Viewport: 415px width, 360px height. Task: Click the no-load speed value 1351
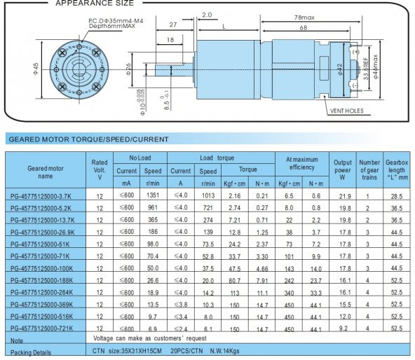click(x=154, y=195)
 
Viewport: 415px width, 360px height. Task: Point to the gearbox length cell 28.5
click(x=396, y=196)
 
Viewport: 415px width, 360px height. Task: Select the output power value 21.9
click(x=343, y=196)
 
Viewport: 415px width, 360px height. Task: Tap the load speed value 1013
click(x=208, y=195)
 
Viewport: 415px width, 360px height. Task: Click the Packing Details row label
click(x=32, y=352)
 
